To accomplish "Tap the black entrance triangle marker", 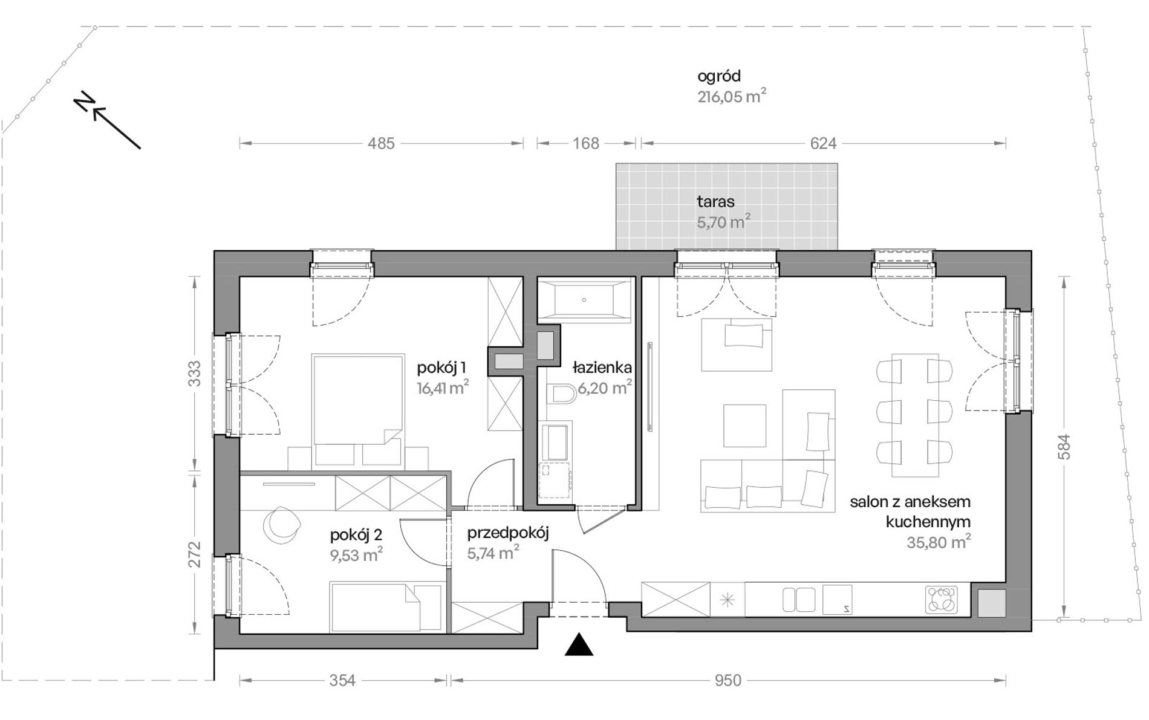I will pos(579,645).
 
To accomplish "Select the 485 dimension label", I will pos(381,143).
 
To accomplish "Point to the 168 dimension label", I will pos(586,143).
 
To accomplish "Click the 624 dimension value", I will pos(823,143).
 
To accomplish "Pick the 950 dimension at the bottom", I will pos(727,681).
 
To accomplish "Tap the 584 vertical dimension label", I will pos(1064,447).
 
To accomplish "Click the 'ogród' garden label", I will pos(719,77).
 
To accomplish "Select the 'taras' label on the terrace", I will pos(715,201).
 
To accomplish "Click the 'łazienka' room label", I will pos(602,367).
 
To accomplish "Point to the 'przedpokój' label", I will pos(508,533).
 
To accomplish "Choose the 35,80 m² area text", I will pos(939,542).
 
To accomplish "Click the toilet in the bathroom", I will pos(562,395).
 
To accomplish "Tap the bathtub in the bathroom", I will pos(584,299).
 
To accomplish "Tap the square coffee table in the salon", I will pos(744,426).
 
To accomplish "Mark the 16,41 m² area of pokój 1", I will pos(443,388).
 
